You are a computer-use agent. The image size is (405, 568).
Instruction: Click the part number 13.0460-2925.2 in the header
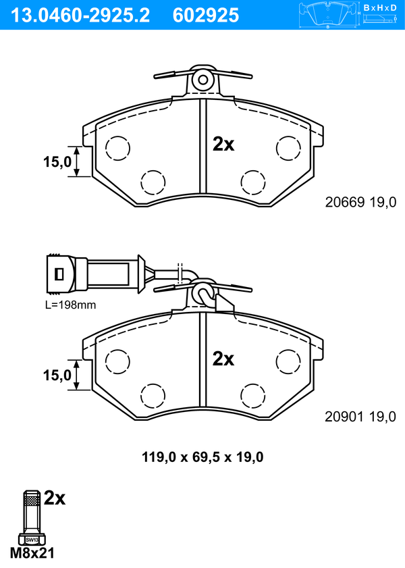(x=80, y=16)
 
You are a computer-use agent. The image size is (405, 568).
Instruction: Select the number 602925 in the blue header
(x=206, y=16)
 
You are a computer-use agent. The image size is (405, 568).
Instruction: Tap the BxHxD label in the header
(x=380, y=7)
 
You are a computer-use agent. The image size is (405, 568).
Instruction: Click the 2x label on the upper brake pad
(x=223, y=144)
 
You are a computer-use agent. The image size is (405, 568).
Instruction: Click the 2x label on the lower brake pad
(x=223, y=359)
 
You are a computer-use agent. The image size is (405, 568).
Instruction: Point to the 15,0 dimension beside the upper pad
(x=57, y=161)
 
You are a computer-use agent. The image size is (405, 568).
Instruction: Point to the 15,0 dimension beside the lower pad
(x=57, y=376)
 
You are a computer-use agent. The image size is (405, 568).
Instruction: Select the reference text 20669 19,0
(x=361, y=202)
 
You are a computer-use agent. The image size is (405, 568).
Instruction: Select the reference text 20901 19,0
(x=360, y=417)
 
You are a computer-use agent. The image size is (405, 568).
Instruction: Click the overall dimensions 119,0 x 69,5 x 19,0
(x=202, y=457)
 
